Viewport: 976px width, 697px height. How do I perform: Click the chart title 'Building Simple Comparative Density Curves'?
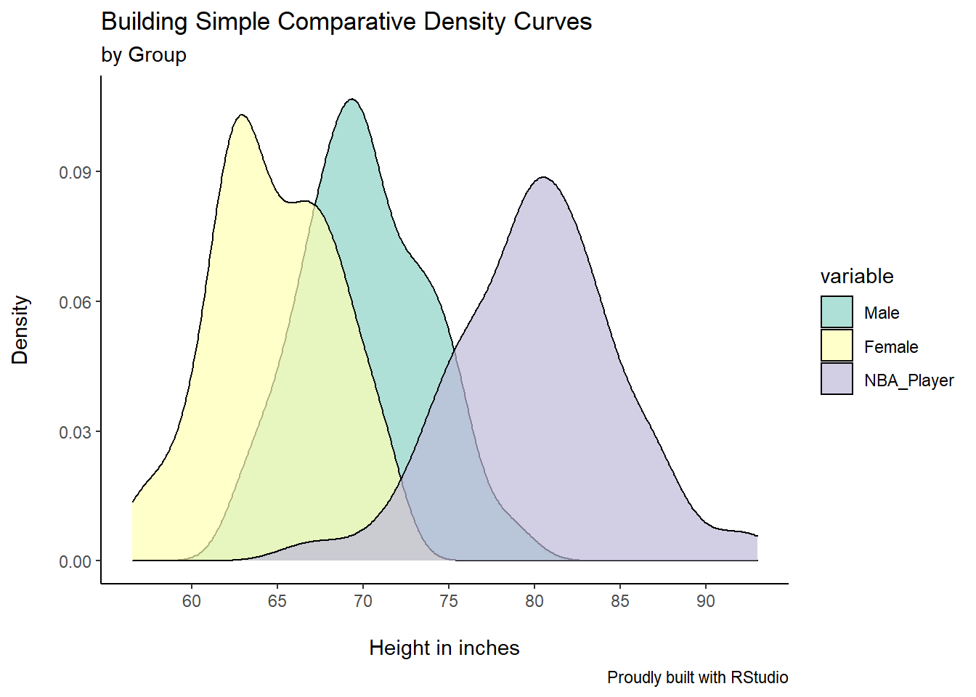346,22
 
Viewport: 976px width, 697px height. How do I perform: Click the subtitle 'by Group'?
144,55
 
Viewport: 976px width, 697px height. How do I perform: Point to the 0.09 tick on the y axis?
75,173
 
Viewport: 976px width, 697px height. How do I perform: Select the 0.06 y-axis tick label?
75,303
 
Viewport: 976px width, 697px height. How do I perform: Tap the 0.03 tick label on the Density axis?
75,433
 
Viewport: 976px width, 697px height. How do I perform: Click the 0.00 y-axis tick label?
75,562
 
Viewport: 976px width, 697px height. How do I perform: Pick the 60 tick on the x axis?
192,601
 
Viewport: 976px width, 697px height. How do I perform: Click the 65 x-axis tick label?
277,601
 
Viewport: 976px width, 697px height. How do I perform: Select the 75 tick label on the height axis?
449,601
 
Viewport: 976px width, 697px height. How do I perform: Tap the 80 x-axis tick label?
534,601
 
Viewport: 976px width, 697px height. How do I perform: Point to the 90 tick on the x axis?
706,601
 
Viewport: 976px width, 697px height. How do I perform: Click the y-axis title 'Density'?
20,330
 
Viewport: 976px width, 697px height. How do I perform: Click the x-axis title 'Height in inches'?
444,648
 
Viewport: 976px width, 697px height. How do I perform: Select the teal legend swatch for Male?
837,312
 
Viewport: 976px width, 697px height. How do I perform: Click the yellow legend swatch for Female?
837,346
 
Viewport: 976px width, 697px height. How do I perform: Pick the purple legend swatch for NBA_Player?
837,379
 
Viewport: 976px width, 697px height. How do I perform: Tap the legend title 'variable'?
857,277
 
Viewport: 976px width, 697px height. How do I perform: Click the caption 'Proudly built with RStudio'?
697,677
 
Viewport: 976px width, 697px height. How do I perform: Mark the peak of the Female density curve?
242,115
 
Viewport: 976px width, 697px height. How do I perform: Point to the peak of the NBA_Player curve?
543,177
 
